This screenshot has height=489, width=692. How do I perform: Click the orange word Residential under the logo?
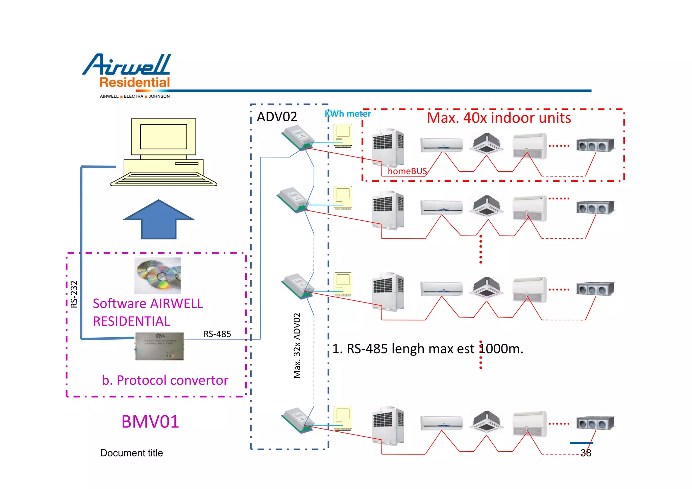[x=134, y=82]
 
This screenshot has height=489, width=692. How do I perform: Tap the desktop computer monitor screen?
[x=164, y=137]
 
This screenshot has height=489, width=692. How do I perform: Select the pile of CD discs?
[x=157, y=275]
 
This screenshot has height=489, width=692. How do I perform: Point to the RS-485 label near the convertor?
[x=217, y=334]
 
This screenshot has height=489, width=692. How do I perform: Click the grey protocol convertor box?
[x=159, y=346]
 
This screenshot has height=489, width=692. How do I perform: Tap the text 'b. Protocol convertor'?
[x=165, y=380]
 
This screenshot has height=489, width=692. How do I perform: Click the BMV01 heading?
[x=150, y=421]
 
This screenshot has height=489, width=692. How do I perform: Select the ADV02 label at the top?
[x=277, y=117]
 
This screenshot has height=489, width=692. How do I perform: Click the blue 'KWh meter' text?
[x=348, y=114]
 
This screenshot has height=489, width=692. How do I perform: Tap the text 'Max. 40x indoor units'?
[x=499, y=118]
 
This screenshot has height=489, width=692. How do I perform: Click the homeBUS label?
[x=407, y=171]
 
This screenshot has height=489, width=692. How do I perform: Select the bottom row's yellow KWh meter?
[x=343, y=418]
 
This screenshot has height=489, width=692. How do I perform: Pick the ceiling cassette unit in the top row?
[x=486, y=143]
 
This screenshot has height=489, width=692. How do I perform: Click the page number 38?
[x=586, y=453]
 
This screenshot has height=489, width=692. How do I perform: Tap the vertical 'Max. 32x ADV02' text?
[x=297, y=345]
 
